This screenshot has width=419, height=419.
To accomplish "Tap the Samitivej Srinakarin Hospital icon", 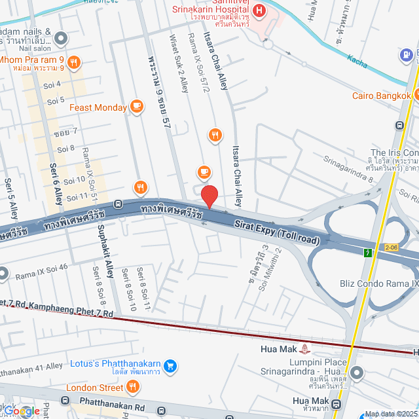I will pos(259,11).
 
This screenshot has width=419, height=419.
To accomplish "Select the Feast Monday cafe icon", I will pos(136,105).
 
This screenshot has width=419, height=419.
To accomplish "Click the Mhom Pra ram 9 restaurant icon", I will pos(74,63).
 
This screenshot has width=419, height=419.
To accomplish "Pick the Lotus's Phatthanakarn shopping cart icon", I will pos(170,365).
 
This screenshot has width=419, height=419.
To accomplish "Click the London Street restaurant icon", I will pos(132,387).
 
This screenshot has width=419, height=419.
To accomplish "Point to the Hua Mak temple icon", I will pos(306,349).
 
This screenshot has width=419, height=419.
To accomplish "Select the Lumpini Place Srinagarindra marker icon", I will pos(356,373).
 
